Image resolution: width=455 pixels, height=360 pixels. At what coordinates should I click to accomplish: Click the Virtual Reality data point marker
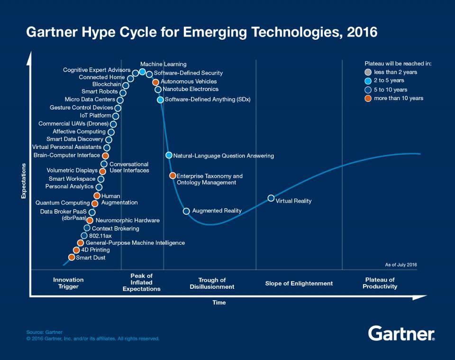(x=271, y=198)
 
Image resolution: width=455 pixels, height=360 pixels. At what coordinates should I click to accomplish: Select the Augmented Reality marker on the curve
(x=186, y=211)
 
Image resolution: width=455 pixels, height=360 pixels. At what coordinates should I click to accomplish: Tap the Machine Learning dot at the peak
(x=142, y=72)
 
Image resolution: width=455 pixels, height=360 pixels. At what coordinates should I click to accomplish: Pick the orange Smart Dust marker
(x=72, y=258)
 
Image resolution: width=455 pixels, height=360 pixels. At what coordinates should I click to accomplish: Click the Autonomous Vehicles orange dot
(x=155, y=82)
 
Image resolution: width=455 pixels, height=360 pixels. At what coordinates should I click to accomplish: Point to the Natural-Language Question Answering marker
(x=169, y=155)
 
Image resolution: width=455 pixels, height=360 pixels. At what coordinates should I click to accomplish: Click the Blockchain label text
(x=107, y=84)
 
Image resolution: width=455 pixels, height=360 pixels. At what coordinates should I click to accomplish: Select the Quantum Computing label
(x=63, y=203)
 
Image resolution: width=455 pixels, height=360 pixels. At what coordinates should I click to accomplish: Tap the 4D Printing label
(x=95, y=250)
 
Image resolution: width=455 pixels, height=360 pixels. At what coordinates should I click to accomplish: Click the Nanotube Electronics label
(x=191, y=89)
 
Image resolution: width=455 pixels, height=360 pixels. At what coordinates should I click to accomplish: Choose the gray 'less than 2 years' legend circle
(x=368, y=72)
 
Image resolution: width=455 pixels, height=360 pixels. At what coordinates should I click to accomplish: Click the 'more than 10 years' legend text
(x=399, y=98)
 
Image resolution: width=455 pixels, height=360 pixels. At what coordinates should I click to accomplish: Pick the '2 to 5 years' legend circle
(x=368, y=81)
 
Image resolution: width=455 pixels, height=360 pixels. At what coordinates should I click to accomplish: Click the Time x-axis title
(x=219, y=303)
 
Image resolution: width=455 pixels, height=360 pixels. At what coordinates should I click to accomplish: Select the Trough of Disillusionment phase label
(x=212, y=283)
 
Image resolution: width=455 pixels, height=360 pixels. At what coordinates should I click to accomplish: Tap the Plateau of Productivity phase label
(x=380, y=283)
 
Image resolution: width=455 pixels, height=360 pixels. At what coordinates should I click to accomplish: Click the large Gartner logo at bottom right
(x=401, y=333)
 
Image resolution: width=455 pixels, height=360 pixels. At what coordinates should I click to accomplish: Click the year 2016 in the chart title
(x=362, y=33)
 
